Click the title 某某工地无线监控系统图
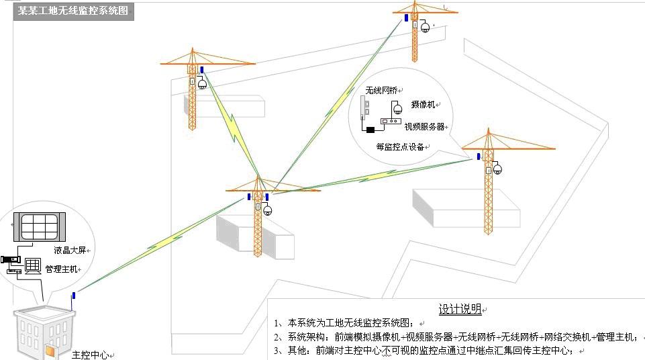72,11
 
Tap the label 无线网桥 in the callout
381,91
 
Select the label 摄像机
423,105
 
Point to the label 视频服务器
424,127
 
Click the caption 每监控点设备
400,146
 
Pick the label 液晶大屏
70,250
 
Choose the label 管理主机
61,269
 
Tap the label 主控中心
90,355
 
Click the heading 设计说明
460,309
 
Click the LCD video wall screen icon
40,227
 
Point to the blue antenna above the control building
74,296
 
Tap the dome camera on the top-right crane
425,28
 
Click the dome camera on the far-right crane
497,169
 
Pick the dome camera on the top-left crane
202,84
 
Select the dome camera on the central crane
267,211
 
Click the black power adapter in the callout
370,130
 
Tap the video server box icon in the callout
391,122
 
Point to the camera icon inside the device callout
397,109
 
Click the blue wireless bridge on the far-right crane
479,156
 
